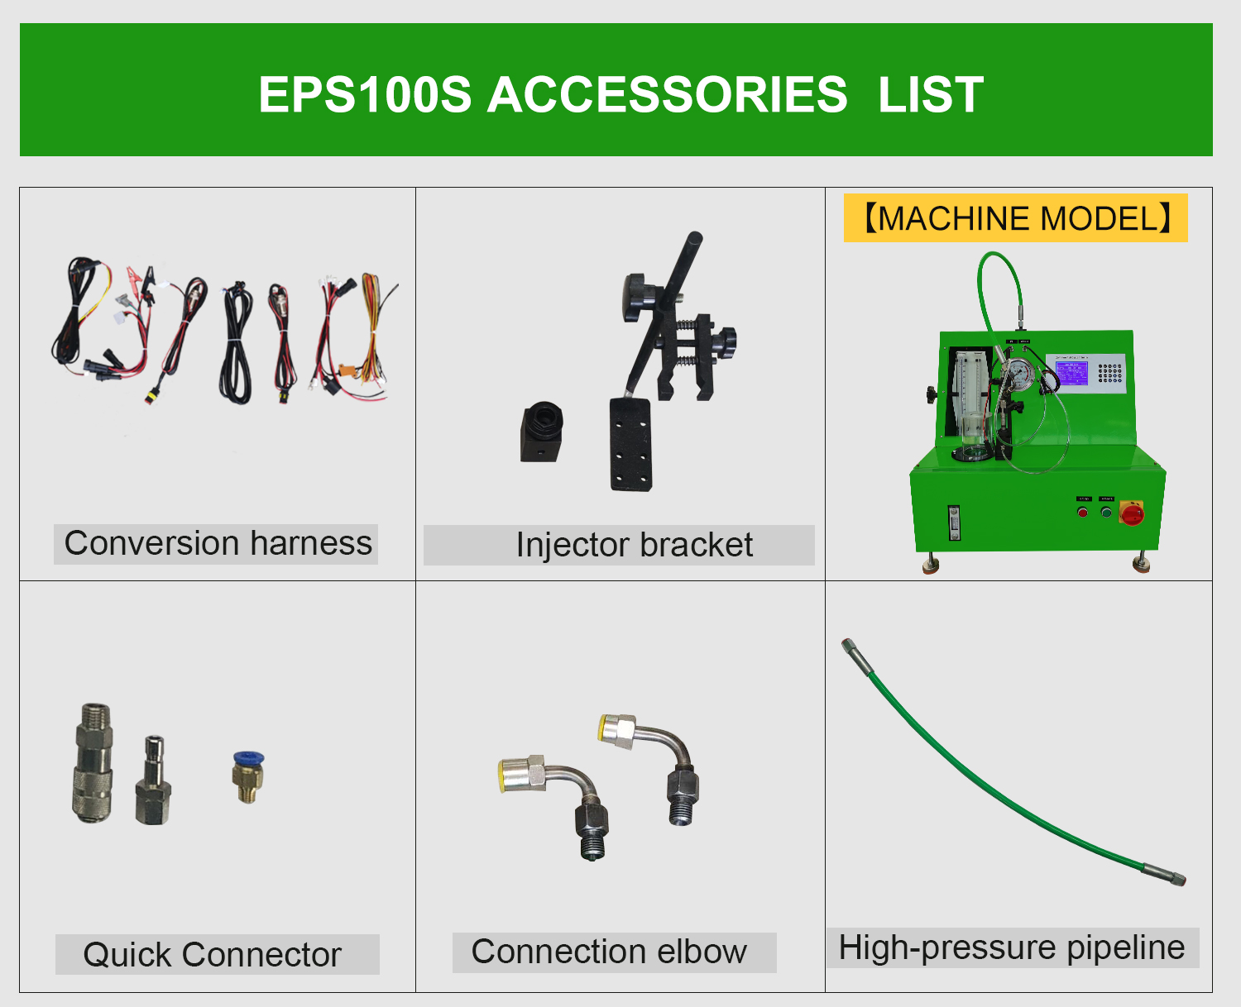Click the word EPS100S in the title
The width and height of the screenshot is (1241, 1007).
point(364,94)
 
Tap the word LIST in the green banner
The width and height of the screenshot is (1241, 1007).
point(930,94)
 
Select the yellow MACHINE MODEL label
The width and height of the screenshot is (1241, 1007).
point(1015,218)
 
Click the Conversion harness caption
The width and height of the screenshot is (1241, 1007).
point(217,544)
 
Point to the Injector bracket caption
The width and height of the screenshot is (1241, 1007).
point(634,546)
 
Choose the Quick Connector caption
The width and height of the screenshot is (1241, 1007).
point(213,955)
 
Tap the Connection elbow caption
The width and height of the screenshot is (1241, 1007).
point(609,952)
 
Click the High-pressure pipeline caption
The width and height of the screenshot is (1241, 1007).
point(1011,947)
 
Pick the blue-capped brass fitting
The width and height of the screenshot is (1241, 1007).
point(247,776)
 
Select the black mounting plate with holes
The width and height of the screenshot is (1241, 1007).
point(631,444)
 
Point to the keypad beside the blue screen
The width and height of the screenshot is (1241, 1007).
point(1109,373)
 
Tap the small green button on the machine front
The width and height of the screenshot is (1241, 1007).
point(1106,513)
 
